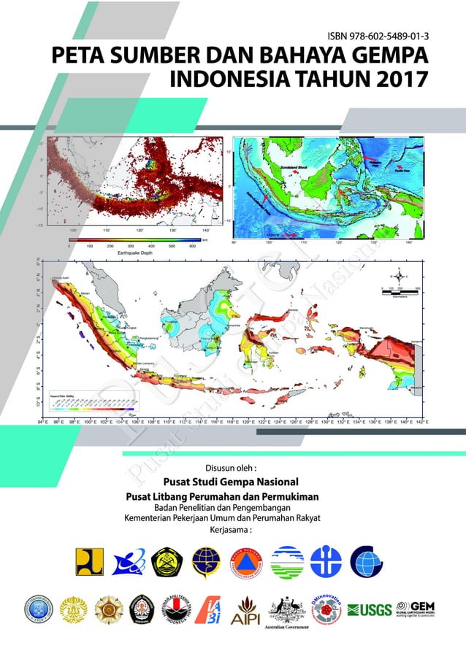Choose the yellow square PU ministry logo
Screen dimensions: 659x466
point(88,563)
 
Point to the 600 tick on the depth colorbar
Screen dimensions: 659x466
point(193,247)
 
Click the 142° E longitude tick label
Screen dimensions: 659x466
point(419,422)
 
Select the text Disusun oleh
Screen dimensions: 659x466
point(232,467)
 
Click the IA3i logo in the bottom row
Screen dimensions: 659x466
point(211,609)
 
